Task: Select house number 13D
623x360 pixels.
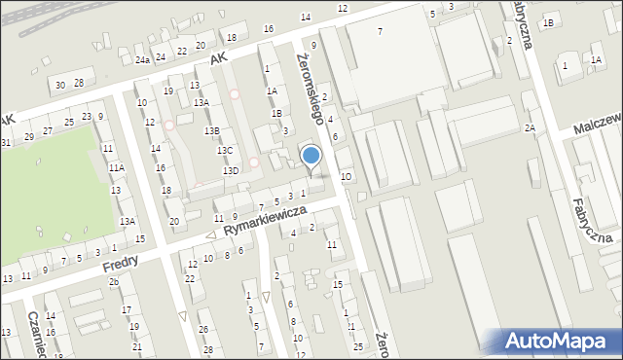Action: tap(231, 171)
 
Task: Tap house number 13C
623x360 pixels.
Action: tap(225, 151)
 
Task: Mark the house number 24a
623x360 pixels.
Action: tap(143, 60)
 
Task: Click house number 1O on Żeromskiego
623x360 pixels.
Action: tap(346, 177)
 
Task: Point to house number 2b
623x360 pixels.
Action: tap(114, 282)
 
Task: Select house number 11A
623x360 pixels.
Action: tap(117, 168)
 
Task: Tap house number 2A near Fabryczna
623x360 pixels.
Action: tap(530, 128)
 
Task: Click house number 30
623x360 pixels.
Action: tap(60, 86)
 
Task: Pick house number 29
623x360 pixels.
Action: tap(29, 136)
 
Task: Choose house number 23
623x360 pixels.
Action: tap(87, 117)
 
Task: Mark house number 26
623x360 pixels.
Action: tap(204, 329)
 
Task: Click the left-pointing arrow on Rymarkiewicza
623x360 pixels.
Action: tap(210, 235)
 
